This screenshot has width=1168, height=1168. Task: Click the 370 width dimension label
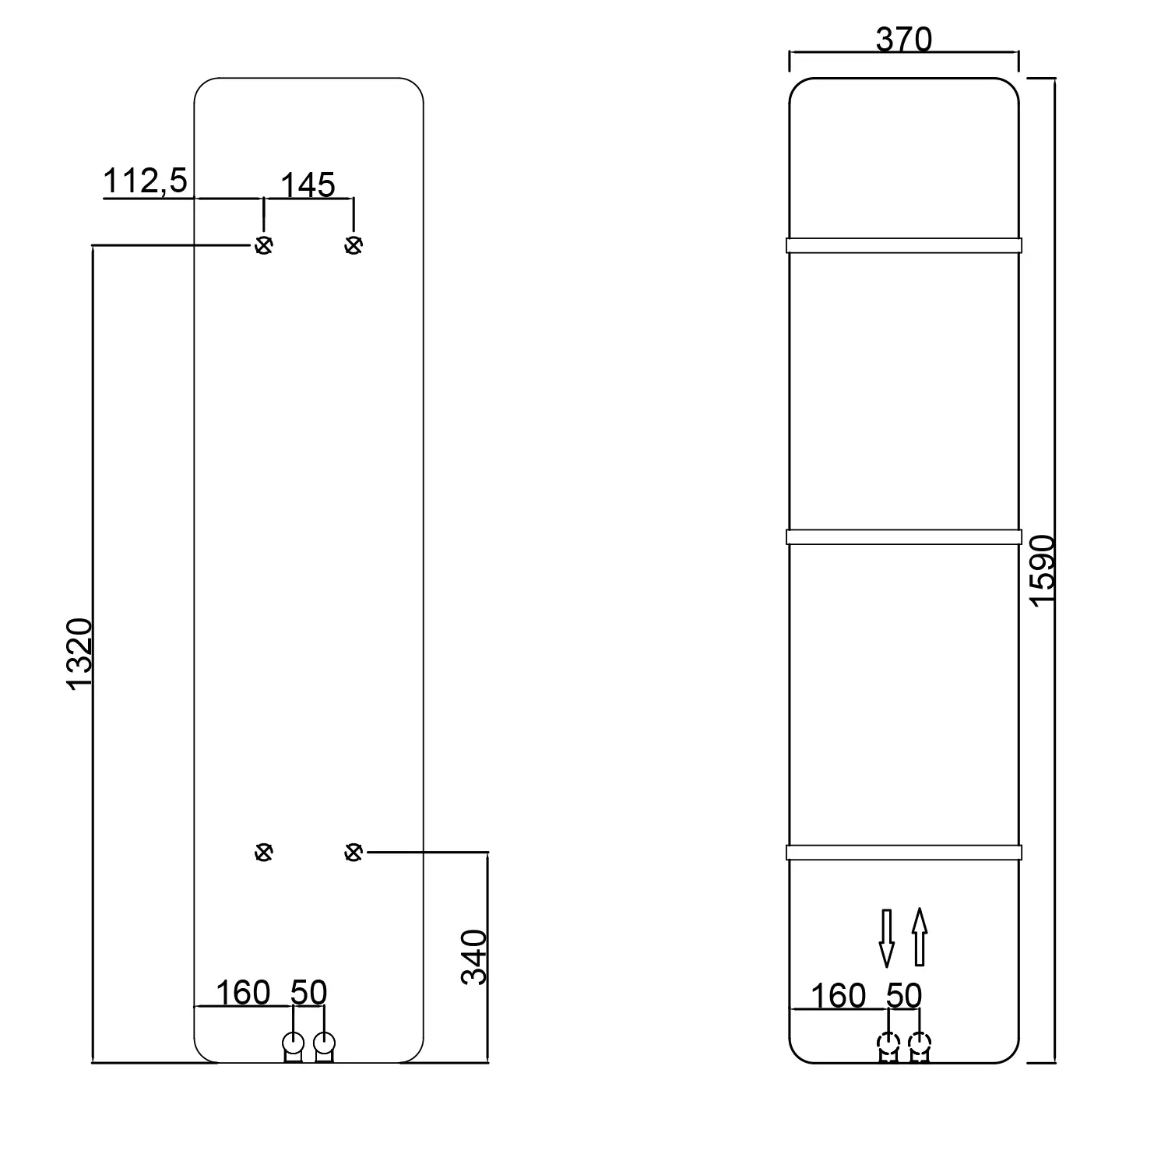tap(903, 39)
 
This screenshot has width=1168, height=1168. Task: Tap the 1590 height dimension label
tap(1041, 569)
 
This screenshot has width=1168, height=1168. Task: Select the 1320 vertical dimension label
tap(79, 653)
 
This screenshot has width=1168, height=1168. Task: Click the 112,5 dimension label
tap(146, 181)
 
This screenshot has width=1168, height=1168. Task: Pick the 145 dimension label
tap(308, 185)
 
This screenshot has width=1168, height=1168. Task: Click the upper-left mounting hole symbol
tap(264, 245)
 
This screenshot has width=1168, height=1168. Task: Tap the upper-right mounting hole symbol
tap(354, 245)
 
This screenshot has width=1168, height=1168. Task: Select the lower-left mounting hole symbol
tap(264, 853)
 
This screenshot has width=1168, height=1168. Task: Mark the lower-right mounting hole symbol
tap(354, 853)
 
